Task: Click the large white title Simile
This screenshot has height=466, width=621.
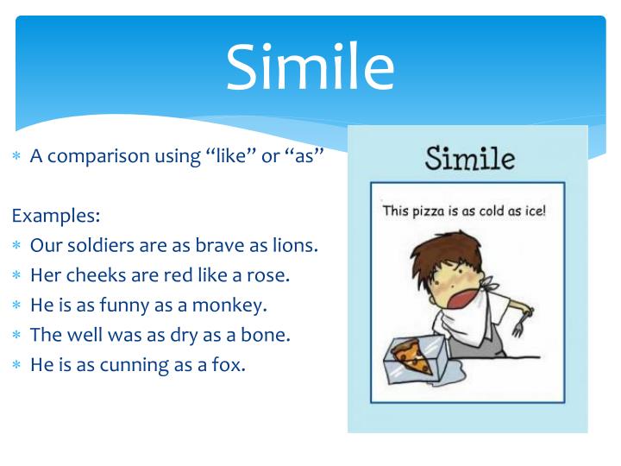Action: [x=310, y=68]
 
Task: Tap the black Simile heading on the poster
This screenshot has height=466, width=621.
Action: [x=469, y=158]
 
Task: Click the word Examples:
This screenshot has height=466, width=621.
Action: [x=56, y=214]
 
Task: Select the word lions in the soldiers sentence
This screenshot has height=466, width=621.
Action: [x=294, y=245]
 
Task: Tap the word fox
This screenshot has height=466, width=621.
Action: [x=229, y=365]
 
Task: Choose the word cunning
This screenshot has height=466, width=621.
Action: [x=131, y=365]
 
